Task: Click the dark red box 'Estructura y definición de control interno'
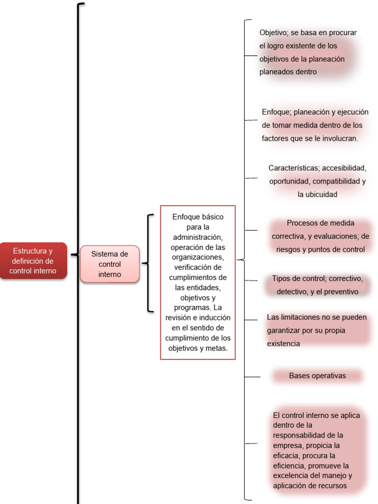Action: click(x=33, y=261)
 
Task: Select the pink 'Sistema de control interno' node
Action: click(x=109, y=264)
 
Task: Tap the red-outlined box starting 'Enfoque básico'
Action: click(x=197, y=282)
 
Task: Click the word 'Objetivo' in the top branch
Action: click(x=273, y=32)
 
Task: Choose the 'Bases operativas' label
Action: click(x=317, y=376)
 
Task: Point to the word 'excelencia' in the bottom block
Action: click(x=291, y=475)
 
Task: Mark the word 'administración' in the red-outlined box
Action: click(x=198, y=237)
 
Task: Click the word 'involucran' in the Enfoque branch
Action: click(x=338, y=139)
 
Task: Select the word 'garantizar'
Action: click(x=285, y=330)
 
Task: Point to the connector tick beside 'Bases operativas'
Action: click(x=252, y=377)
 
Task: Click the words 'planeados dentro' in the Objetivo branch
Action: click(x=288, y=72)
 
